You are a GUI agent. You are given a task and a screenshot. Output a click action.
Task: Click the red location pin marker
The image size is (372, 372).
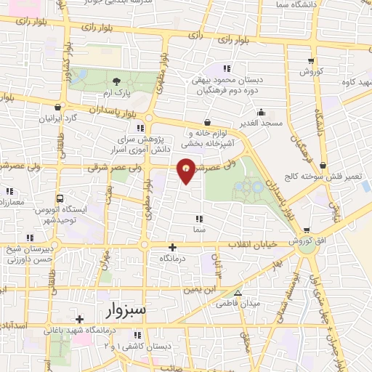point(187,171)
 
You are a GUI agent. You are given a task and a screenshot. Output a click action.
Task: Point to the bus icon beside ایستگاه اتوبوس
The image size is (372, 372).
point(58,198)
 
